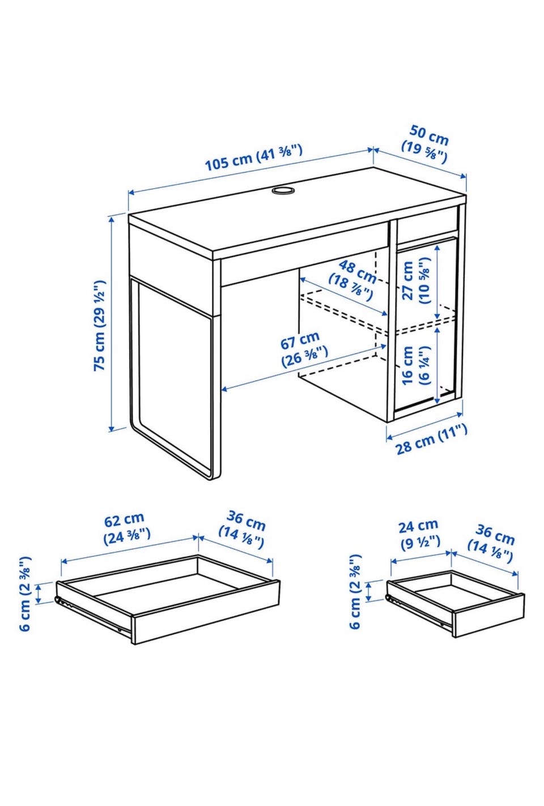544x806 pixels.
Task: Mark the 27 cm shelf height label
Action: tap(416, 281)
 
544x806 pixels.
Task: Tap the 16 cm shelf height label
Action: tap(416, 365)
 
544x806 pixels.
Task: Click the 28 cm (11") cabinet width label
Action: tap(432, 440)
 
